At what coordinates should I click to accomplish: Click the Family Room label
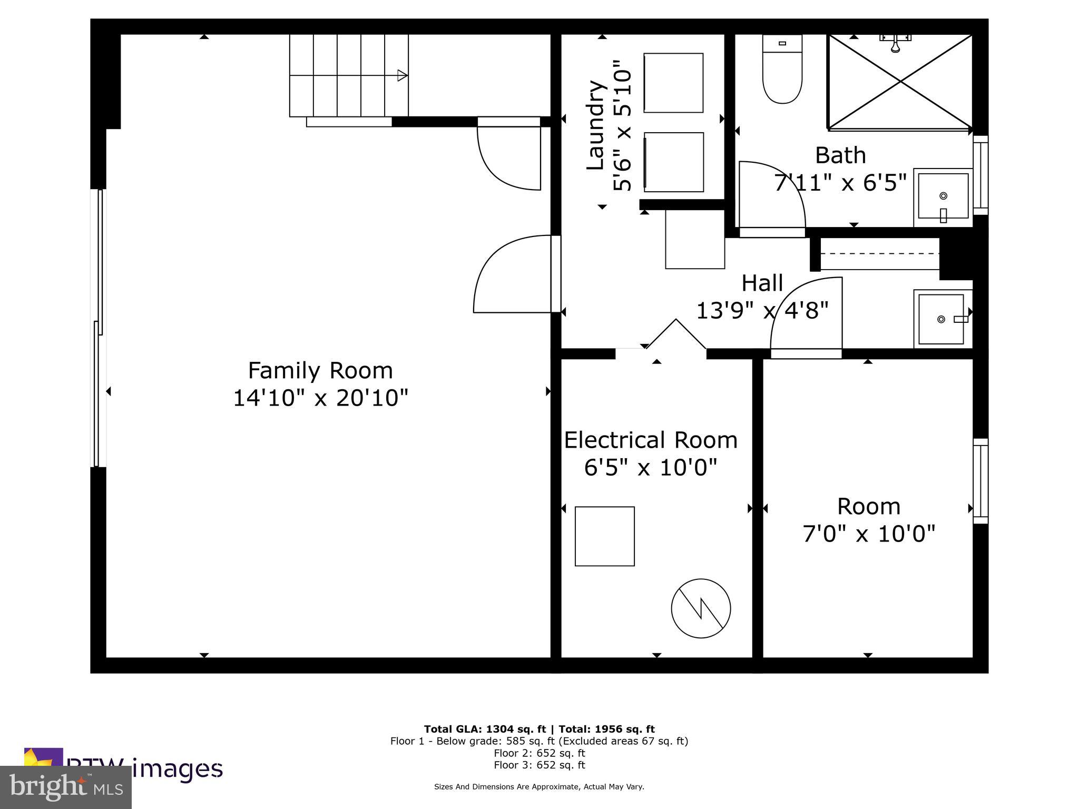[x=320, y=370]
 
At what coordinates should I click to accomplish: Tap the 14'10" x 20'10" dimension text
[x=320, y=398]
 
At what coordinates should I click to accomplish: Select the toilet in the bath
[x=782, y=71]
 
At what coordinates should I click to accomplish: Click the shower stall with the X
[x=900, y=82]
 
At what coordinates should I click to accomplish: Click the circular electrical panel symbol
[x=701, y=608]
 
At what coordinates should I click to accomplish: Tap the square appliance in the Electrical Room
[x=604, y=536]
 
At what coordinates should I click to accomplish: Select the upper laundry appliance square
[x=673, y=83]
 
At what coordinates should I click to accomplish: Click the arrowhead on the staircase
[x=402, y=75]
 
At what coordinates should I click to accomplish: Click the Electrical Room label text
[x=651, y=440]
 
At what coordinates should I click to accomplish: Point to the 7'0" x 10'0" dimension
[x=869, y=534]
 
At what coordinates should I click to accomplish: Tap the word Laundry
[x=595, y=125]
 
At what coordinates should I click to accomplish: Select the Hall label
[x=762, y=283]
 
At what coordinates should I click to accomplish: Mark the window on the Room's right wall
[x=980, y=481]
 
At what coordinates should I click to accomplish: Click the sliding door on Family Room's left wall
[x=99, y=328]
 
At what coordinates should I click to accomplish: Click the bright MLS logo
[x=65, y=787]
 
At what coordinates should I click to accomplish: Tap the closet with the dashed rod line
[x=879, y=254]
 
